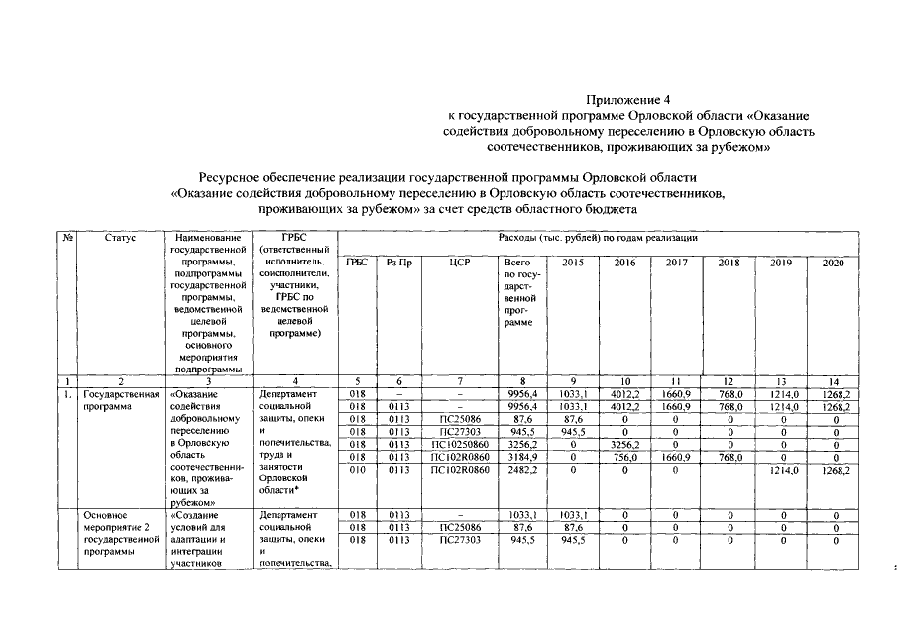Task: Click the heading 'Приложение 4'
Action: (x=628, y=100)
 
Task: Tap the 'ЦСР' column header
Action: (x=458, y=264)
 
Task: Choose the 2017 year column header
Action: (x=677, y=264)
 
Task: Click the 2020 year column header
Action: (x=833, y=264)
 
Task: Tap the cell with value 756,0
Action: (x=624, y=458)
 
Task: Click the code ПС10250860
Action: (x=458, y=445)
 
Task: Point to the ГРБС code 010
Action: (x=358, y=471)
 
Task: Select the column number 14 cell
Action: (x=833, y=380)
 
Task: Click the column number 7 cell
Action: (x=458, y=380)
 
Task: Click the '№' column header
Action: (x=68, y=238)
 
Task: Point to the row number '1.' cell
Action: (x=68, y=393)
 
